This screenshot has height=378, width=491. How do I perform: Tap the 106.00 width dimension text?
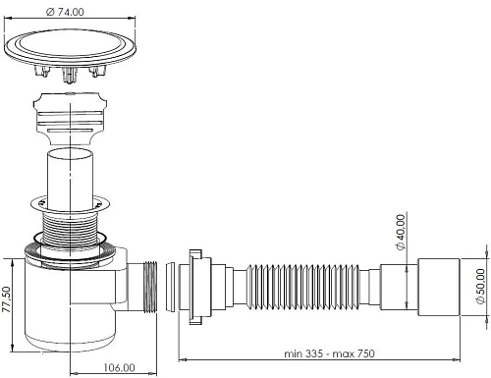(x=119, y=366)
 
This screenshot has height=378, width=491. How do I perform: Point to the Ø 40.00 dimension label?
(x=401, y=234)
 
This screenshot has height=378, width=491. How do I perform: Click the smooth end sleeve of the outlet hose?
(x=442, y=284)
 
